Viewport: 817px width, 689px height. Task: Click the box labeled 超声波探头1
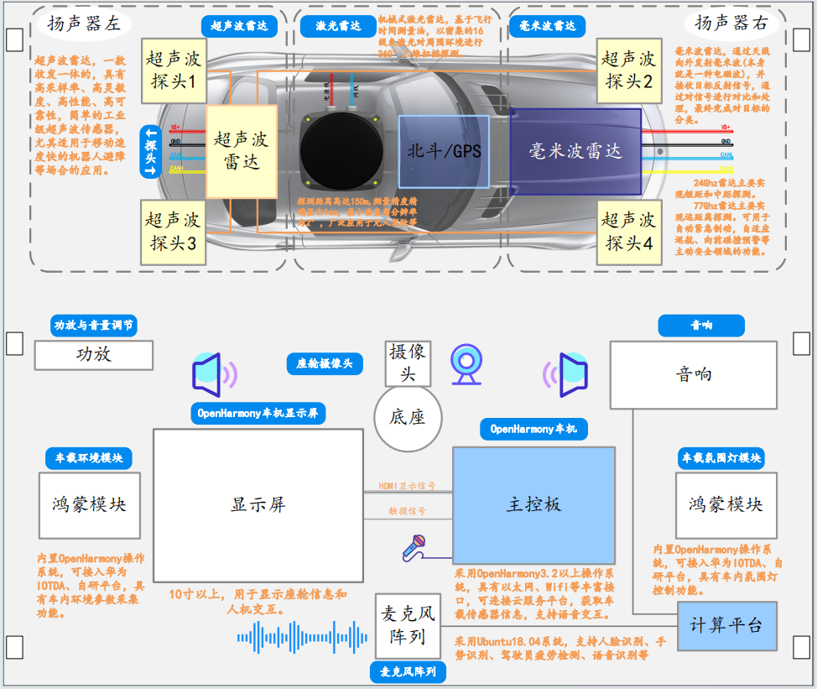point(173,70)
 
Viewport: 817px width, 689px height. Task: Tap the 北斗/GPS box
point(444,151)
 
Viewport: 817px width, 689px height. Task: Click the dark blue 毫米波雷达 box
point(575,151)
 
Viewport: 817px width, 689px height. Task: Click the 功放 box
point(94,355)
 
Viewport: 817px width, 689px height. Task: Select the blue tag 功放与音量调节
point(94,326)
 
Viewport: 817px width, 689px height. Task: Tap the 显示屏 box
point(258,505)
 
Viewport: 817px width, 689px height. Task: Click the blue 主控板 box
point(533,505)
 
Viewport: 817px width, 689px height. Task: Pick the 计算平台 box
point(726,624)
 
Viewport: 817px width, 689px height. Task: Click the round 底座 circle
point(408,417)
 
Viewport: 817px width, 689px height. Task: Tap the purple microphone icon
point(415,547)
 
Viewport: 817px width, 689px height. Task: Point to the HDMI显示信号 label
point(407,486)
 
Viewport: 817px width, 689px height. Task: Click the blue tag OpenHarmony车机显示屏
point(258,413)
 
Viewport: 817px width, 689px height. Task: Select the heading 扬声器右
point(731,23)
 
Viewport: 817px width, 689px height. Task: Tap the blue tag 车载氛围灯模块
point(721,457)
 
